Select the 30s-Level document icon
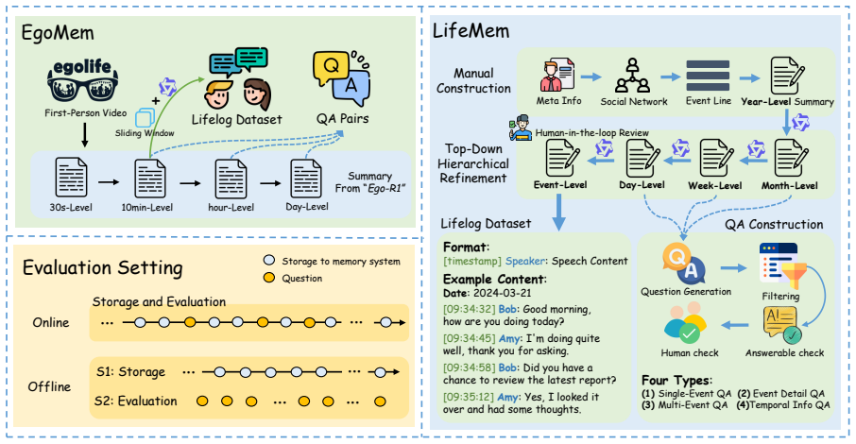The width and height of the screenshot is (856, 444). [x=71, y=177]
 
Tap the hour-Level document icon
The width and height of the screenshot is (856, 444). [x=231, y=179]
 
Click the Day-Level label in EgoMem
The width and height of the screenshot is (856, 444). [x=307, y=207]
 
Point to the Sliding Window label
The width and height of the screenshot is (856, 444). [x=145, y=132]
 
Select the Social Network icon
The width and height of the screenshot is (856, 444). [x=633, y=76]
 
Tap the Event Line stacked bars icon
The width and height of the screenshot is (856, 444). [x=708, y=76]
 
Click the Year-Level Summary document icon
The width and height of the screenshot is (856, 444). [x=787, y=76]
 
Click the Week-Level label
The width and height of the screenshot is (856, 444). [x=714, y=186]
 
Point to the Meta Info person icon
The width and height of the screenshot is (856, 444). [x=556, y=76]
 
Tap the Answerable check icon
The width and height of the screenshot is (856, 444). [x=783, y=324]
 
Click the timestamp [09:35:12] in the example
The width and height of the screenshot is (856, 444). [x=470, y=397]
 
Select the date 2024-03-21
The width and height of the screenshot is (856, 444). [x=503, y=293]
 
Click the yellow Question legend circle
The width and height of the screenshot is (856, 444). [x=268, y=278]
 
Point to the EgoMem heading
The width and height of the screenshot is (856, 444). [x=58, y=33]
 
